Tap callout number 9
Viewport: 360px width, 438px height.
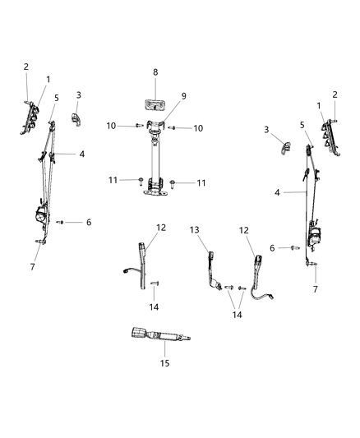click(x=183, y=96)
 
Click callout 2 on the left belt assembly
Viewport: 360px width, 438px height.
click(x=25, y=67)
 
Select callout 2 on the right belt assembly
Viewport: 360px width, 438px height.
click(x=335, y=95)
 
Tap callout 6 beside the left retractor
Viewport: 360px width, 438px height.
click(x=89, y=222)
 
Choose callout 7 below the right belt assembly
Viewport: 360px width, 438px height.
click(x=314, y=290)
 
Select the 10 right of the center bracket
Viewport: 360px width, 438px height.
click(x=197, y=128)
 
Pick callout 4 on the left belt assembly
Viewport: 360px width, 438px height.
click(x=81, y=154)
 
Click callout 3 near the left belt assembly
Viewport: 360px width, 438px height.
click(x=78, y=95)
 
